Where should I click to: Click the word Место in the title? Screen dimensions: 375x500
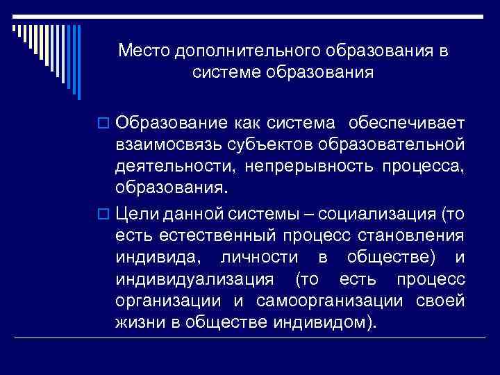pos(143,51)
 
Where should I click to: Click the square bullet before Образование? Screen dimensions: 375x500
pos(106,124)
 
